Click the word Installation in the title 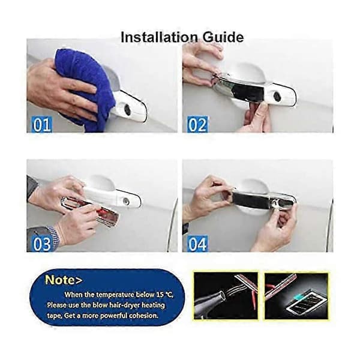pyautogui.click(x=159, y=37)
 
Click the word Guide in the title pyautogui.click(x=223, y=37)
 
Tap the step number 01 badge pyautogui.click(x=42, y=125)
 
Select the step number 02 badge pyautogui.click(x=197, y=125)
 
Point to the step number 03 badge pyautogui.click(x=42, y=244)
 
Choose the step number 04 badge pyautogui.click(x=197, y=244)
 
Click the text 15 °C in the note pyautogui.click(x=164, y=295)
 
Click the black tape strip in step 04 pyautogui.click(x=251, y=200)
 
